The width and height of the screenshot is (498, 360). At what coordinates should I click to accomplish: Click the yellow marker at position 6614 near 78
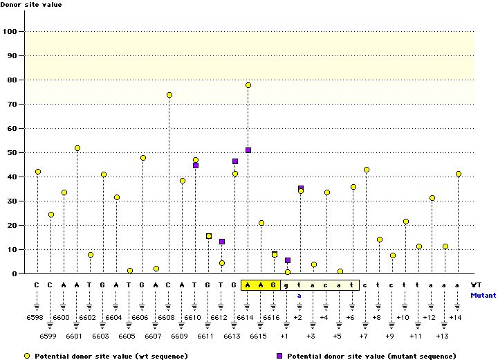coord(248,85)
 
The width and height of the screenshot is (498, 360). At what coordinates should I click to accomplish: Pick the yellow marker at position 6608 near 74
coord(169,95)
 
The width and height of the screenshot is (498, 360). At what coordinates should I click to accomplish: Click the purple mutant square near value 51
coord(248,150)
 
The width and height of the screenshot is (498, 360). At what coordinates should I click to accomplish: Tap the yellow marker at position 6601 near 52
coord(77,148)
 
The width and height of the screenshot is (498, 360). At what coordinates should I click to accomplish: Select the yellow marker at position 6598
coord(38,172)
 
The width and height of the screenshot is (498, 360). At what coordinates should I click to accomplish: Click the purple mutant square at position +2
coord(301,188)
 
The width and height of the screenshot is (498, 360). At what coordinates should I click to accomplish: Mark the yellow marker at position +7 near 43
coord(367,170)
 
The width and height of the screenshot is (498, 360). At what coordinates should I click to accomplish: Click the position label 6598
coord(38,317)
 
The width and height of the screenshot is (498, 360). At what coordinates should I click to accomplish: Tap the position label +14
coord(454,317)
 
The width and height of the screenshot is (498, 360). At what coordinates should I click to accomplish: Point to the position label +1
coord(284,335)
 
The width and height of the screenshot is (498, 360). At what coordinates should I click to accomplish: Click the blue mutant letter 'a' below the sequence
coord(299,295)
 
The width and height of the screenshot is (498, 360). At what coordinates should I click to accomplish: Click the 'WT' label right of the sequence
coord(476,285)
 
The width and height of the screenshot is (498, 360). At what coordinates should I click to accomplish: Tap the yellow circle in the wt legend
coord(27,355)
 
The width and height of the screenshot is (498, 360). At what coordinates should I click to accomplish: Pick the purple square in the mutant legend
coord(280,355)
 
